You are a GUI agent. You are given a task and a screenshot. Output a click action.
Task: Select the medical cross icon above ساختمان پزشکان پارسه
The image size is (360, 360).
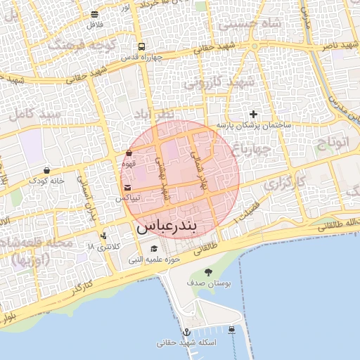[254, 114]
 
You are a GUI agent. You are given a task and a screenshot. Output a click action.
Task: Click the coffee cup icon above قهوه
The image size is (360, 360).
[129, 153]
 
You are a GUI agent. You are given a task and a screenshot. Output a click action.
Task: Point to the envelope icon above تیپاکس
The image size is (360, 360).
[127, 188]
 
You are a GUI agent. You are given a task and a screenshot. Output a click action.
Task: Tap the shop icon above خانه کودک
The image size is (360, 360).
[46, 169]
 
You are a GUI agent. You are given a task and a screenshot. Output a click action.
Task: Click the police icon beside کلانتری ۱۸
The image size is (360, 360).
[104, 236]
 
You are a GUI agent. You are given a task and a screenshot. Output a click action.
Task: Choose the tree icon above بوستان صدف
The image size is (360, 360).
[207, 271]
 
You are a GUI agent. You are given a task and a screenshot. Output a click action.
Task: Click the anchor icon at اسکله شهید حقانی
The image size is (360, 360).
[187, 332]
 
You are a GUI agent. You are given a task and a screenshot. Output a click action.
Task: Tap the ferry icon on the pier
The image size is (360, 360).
[232, 329]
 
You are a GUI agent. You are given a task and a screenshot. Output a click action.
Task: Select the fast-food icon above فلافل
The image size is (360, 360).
[94, 13]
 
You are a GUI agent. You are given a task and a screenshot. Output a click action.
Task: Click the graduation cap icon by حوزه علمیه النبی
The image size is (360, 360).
[154, 248]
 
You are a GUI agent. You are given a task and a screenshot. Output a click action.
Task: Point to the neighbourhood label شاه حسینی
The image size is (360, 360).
[252, 23]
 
